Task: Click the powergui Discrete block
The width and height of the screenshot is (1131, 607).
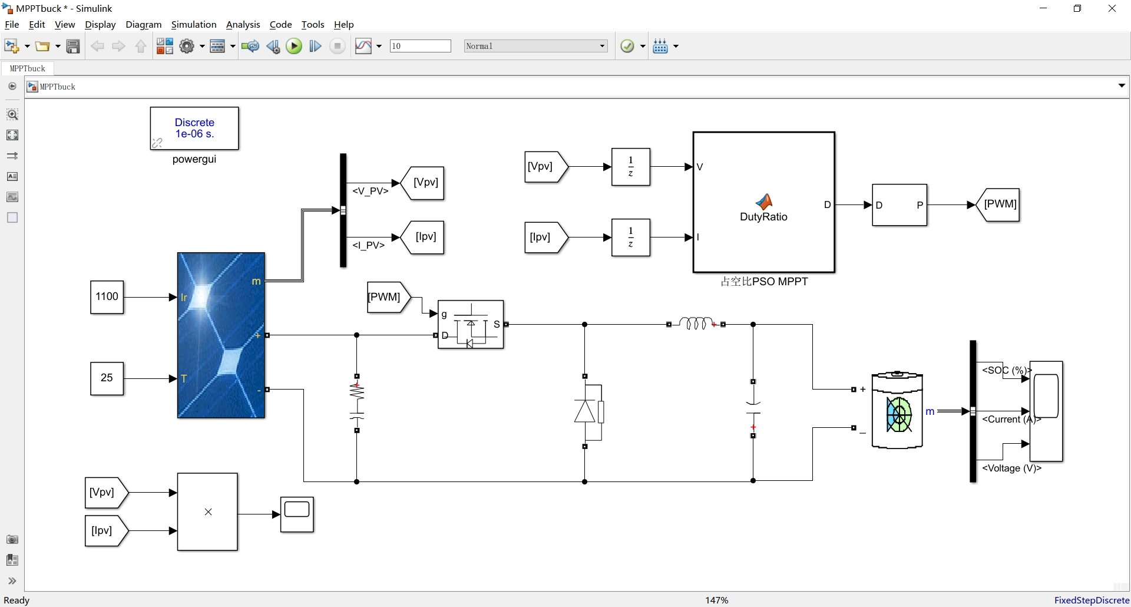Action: pos(194,128)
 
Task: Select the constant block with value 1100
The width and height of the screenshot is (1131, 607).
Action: pos(107,297)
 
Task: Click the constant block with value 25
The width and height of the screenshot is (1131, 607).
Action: pos(107,378)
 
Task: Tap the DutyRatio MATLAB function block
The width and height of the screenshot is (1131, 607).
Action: pos(763,203)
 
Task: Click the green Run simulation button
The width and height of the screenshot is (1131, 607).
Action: pos(293,46)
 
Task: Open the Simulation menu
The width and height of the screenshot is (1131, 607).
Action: pos(193,25)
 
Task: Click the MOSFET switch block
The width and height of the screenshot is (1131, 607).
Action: pos(471,325)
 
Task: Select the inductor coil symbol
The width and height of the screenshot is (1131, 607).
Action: pos(696,324)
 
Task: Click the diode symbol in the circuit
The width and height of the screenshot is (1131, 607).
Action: pos(585,411)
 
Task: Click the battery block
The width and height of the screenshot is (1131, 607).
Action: pos(897,411)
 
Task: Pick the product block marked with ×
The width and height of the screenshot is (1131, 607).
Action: pos(207,512)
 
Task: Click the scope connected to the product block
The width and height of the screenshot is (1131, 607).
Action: pos(297,514)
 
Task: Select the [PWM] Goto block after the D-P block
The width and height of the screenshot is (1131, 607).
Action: pos(1000,204)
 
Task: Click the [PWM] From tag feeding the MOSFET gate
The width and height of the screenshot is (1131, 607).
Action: pos(386,297)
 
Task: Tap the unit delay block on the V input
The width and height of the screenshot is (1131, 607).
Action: pos(630,167)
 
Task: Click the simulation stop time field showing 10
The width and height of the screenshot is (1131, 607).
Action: pos(420,46)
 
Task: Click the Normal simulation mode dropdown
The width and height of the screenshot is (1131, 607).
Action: pos(535,46)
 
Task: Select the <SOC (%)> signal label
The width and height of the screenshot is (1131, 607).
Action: pos(1006,370)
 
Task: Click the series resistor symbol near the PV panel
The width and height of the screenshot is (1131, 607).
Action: pos(357,392)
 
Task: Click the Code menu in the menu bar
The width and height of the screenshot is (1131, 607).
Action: pos(280,25)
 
